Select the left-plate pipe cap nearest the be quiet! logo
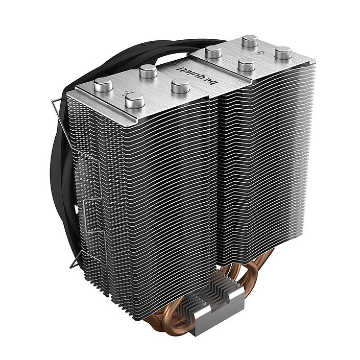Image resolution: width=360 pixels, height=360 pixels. pyautogui.click(x=180, y=86)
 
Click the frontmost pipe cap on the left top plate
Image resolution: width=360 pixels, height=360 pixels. pyautogui.click(x=134, y=100)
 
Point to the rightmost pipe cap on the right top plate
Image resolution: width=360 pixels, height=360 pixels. pyautogui.click(x=282, y=53)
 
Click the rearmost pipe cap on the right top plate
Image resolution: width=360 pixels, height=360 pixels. pyautogui.click(x=250, y=40)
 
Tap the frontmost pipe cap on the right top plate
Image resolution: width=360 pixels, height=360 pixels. pyautogui.click(x=246, y=65)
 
